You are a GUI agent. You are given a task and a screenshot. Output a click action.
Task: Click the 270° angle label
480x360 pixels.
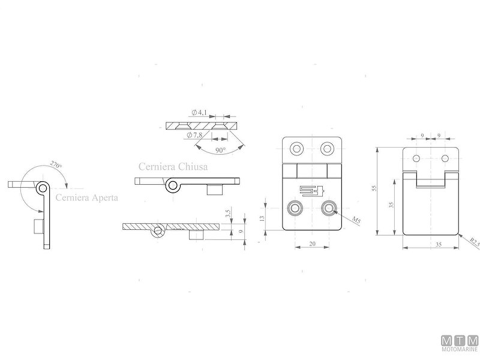pyautogui.click(x=56, y=164)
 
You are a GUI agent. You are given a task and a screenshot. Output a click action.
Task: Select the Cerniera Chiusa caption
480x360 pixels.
pyautogui.click(x=172, y=167)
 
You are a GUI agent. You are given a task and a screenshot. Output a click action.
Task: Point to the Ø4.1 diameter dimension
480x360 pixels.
pyautogui.click(x=200, y=112)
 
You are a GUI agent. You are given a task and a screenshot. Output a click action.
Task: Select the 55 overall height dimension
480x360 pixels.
pyautogui.click(x=374, y=188)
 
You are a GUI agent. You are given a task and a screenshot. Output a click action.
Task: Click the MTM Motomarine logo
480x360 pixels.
pyautogui.click(x=459, y=343)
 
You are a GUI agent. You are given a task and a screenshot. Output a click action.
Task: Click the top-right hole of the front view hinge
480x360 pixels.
pyautogui.click(x=328, y=148)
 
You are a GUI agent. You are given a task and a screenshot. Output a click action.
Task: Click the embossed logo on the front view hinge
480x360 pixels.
pyautogui.click(x=312, y=191)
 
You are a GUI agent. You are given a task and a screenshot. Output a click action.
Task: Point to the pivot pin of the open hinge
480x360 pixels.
pyautogui.click(x=41, y=188)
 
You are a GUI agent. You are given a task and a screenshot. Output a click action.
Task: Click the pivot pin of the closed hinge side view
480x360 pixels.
pyautogui.click(x=172, y=185)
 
